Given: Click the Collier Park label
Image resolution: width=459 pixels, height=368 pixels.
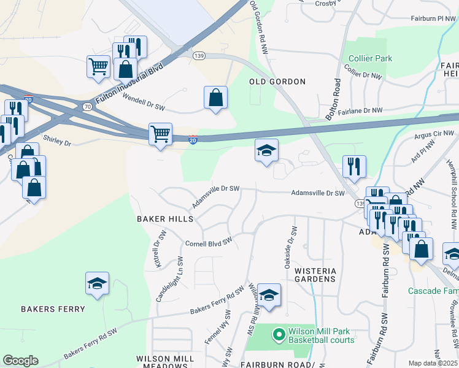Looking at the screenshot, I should coord(370,58).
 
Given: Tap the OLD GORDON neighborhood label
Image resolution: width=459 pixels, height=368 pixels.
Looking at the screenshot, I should coord(277,82).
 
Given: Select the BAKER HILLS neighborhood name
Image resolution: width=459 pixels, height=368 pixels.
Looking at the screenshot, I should coord(165,218).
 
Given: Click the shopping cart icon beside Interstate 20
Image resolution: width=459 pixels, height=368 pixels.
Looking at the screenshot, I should coord(160,134).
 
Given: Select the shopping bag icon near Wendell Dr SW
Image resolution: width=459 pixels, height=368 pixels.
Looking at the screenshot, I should coord(215,98).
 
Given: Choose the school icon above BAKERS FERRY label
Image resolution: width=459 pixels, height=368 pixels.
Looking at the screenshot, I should coord(97,283).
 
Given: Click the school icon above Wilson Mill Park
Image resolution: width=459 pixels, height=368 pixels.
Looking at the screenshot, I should coord(269,295).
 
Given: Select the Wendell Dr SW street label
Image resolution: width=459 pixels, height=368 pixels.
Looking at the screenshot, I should coord(144,102).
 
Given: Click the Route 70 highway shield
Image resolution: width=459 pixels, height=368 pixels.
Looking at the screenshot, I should coord(87,106).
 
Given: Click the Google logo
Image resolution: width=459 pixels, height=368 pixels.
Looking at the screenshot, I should coord(20,361).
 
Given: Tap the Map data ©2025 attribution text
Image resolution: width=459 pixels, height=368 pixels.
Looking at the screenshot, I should coord(433,363).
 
